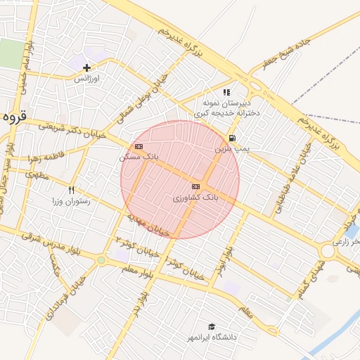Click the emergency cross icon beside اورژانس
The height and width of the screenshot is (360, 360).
[x=86, y=68]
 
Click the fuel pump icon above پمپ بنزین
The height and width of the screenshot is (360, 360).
[x=232, y=139]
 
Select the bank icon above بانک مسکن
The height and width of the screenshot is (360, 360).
[x=139, y=146]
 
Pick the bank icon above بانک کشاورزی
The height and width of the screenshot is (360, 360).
[x=195, y=186]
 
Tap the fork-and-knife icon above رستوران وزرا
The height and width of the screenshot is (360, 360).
[x=71, y=191]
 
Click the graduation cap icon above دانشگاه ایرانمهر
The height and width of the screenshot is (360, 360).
[x=212, y=326]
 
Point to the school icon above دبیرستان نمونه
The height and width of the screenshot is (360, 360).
[x=226, y=92]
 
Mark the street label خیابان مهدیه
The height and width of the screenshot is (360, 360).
[x=150, y=225]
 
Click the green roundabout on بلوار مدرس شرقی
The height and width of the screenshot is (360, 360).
[x=101, y=260]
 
